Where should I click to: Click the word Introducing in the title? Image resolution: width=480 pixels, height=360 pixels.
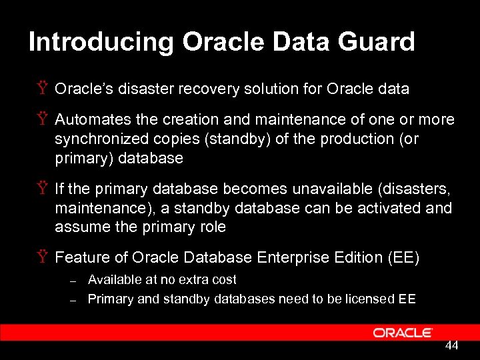pyautogui.click(x=101, y=42)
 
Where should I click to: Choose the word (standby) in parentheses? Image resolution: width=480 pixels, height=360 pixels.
pyautogui.click(x=230, y=139)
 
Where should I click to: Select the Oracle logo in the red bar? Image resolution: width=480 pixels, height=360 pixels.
pyautogui.click(x=403, y=333)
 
